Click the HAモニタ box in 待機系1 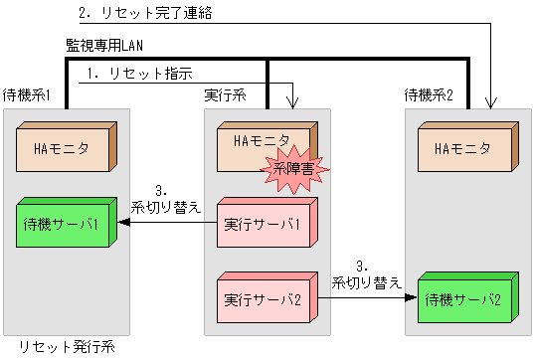click(65, 149)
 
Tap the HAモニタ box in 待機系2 click(463, 149)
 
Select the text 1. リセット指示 click(138, 74)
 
